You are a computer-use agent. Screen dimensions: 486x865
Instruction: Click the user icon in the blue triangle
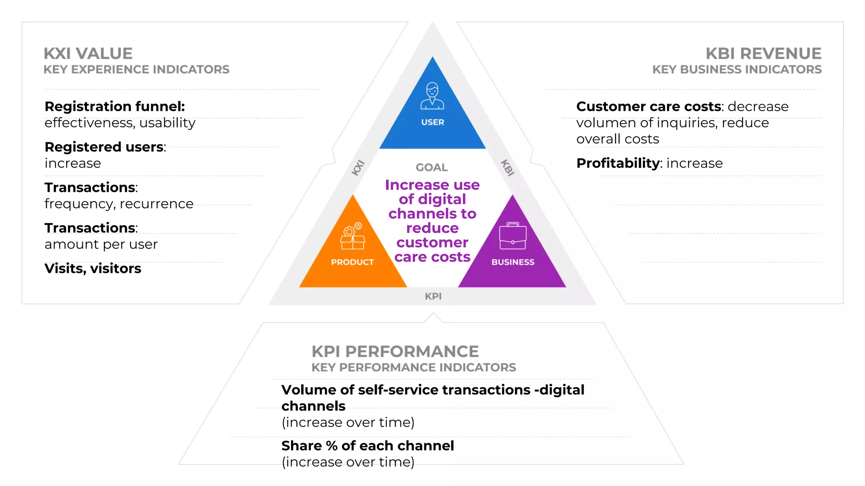(432, 96)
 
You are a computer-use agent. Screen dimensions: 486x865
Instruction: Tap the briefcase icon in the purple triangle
(513, 236)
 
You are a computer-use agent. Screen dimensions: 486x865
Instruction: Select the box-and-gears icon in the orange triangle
(353, 236)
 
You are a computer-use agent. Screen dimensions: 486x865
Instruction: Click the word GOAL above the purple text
(432, 167)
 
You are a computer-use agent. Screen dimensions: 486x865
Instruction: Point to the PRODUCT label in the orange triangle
(352, 262)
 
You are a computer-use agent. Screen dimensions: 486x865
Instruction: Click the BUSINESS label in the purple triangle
(513, 262)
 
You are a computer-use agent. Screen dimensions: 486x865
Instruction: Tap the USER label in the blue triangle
(432, 122)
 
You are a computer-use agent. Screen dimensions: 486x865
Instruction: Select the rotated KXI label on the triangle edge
(358, 167)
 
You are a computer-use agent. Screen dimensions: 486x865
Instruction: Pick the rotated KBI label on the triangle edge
(507, 167)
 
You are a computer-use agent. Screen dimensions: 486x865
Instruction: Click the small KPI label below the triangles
(433, 296)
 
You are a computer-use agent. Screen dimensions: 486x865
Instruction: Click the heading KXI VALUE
(88, 54)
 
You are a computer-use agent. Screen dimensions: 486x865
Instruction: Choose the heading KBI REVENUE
(763, 54)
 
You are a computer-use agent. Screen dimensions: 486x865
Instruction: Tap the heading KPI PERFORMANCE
(395, 351)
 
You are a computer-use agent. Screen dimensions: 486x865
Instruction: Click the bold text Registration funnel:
(114, 106)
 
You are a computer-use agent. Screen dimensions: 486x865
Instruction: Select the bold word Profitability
(617, 163)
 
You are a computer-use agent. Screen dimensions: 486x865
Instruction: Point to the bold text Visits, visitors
(93, 268)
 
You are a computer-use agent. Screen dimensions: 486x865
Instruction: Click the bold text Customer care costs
(648, 106)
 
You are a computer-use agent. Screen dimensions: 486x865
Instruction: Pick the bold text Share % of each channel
(367, 445)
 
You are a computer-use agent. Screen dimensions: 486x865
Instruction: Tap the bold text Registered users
(104, 147)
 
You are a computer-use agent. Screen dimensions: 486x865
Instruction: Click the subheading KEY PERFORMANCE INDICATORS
(413, 367)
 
